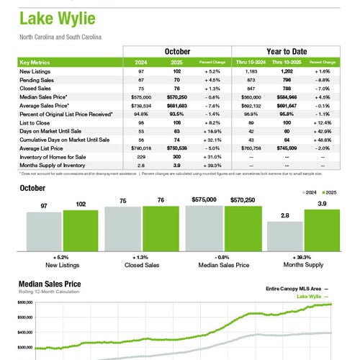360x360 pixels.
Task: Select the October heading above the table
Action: tap(177, 52)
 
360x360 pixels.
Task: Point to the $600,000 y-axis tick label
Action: tap(27, 303)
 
